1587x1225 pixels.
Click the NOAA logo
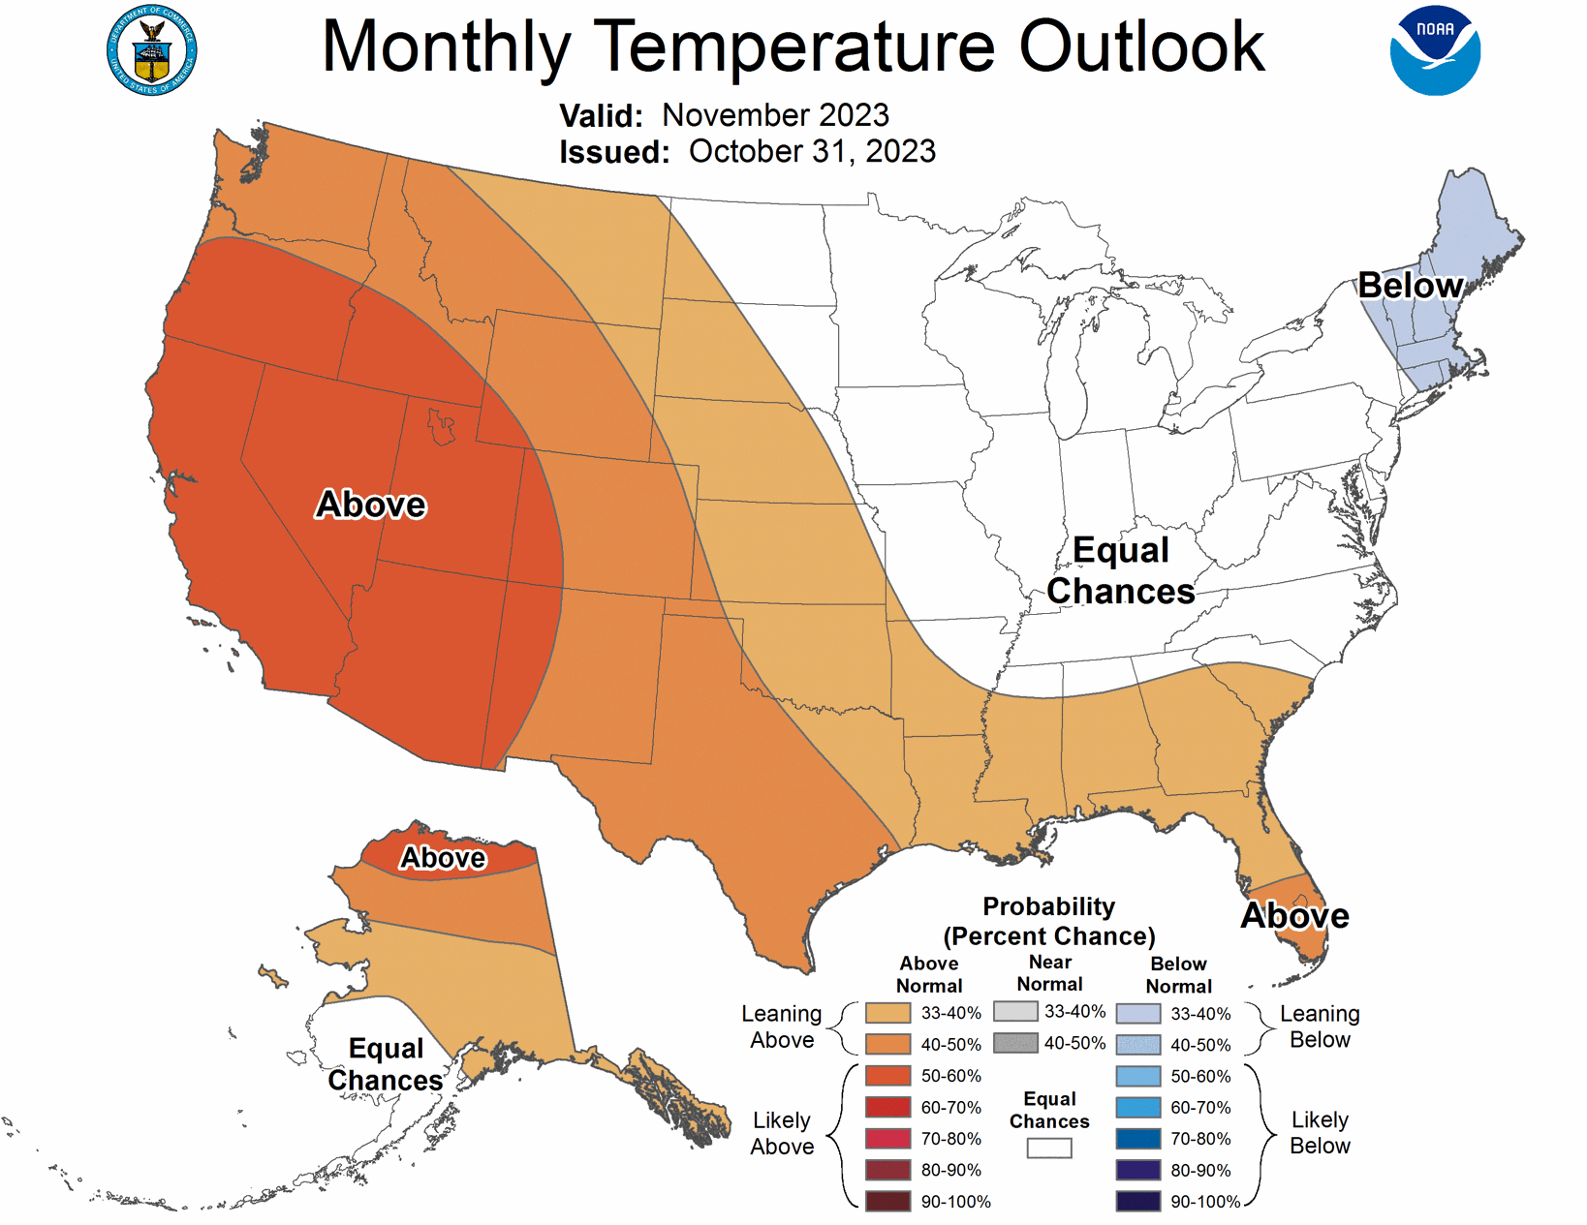click(1435, 51)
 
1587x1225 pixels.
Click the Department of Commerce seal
click(151, 50)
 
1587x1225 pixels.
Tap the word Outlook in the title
click(1141, 46)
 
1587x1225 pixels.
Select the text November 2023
click(775, 115)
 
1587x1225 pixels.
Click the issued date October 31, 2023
click(812, 152)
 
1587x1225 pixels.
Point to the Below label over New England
click(1410, 286)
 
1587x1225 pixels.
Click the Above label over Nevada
click(371, 505)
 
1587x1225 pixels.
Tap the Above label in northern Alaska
click(443, 858)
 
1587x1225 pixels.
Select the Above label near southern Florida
click(1294, 916)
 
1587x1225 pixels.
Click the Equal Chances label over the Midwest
click(1121, 570)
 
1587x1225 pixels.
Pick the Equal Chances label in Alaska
click(386, 1064)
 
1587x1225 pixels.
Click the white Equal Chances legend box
click(1049, 1148)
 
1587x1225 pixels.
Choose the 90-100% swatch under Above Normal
click(887, 1202)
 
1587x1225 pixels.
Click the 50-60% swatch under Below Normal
click(1138, 1077)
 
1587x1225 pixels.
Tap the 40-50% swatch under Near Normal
click(1015, 1043)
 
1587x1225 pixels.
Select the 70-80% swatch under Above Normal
click(887, 1139)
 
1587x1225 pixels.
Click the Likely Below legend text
click(1320, 1133)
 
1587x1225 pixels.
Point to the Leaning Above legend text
click(782, 1026)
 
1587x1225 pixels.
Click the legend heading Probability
click(1048, 906)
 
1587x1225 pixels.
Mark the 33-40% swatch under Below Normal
click(1138, 1014)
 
